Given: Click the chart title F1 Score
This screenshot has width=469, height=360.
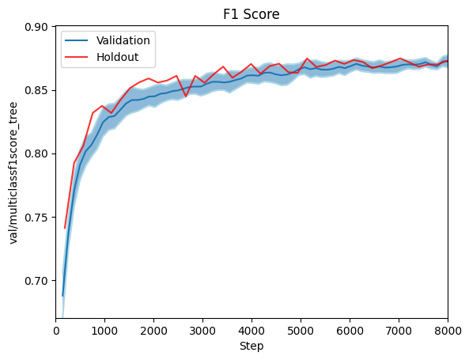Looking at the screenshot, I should [252, 14].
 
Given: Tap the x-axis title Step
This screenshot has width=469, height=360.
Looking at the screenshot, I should [252, 346].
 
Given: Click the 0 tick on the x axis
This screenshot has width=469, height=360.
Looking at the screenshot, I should [57, 330].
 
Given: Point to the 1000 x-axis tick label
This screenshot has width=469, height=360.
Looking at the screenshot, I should [105, 330].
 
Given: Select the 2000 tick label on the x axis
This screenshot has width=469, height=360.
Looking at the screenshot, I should [154, 330].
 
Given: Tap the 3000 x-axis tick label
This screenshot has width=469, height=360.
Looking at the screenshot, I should [203, 330].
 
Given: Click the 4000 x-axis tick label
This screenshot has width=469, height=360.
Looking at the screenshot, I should [252, 330].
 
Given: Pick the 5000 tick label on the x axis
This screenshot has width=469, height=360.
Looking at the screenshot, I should [301, 330].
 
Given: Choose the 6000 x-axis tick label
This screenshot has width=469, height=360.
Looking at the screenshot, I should [350, 330].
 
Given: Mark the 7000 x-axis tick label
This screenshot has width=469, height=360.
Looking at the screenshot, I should [399, 330].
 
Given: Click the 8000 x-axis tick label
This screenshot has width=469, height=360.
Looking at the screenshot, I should [447, 330].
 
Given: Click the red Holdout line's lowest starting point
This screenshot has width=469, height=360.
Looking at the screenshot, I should [64, 228].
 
